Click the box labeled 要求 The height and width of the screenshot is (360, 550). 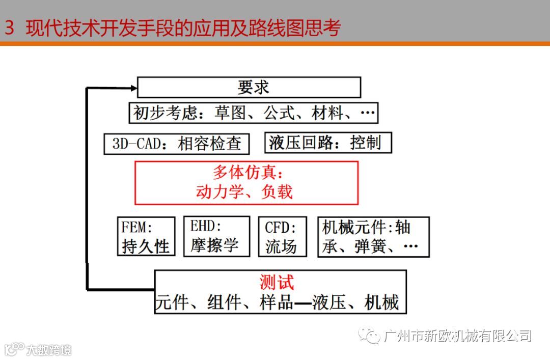click(249, 88)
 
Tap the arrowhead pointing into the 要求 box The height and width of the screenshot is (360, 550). click(134, 88)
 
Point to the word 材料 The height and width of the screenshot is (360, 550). click(327, 113)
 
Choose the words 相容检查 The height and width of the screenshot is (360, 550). click(209, 144)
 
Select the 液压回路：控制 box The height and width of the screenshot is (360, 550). click(328, 143)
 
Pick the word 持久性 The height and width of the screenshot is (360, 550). click(145, 246)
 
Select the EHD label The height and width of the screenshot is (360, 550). click(206, 226)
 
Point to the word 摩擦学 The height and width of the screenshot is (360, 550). click(214, 245)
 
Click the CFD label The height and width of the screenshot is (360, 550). click(279, 227)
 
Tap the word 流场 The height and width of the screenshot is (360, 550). click(281, 246)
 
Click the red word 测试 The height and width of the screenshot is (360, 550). click(277, 283)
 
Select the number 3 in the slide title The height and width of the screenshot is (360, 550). click(9, 29)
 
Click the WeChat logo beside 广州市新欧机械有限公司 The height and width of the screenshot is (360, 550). click(369, 335)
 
